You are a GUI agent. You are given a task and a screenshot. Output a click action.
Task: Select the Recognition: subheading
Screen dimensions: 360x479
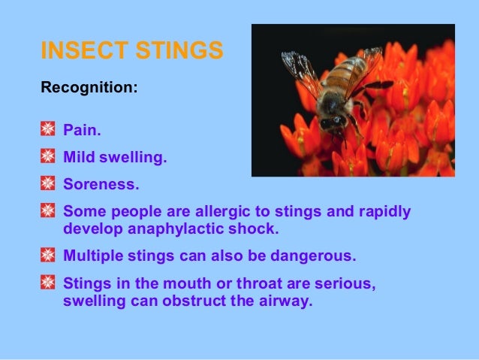point(89,88)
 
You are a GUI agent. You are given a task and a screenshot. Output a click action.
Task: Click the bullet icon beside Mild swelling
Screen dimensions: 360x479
point(47,158)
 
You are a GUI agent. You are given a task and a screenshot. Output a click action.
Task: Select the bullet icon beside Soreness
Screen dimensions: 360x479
point(47,183)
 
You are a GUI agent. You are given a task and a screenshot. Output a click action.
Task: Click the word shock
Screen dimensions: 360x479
point(267,228)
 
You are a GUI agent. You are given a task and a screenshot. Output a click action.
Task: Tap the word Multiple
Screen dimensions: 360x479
point(93,256)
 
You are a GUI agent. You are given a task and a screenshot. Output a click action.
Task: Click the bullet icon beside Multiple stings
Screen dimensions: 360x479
point(47,256)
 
